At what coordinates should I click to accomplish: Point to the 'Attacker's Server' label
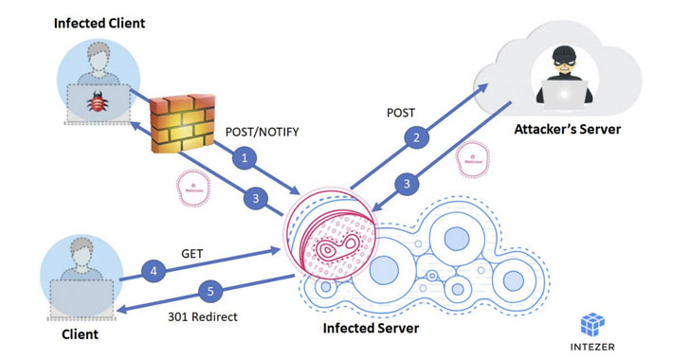point(567,128)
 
